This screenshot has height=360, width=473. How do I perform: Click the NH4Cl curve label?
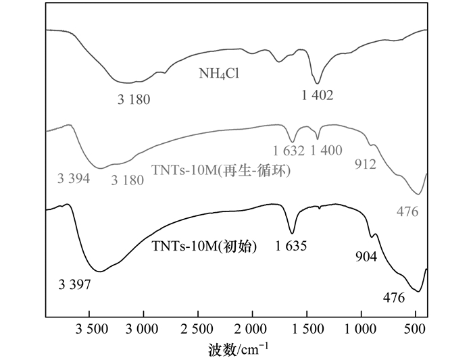pos(220,74)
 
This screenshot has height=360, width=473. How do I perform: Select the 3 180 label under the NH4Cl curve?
pos(133,100)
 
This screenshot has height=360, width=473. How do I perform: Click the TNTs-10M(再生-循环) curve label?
pos(220,172)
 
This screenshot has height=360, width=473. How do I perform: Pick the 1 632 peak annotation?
pos(289,150)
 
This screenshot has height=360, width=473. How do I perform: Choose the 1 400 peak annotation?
pos(326,150)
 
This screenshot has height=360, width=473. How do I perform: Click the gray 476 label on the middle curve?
pos(407,211)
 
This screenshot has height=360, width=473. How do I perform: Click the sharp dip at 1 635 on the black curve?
pos(292,231)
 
